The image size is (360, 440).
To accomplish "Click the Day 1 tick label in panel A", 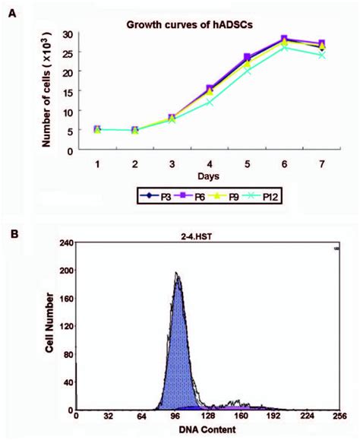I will click(98, 162).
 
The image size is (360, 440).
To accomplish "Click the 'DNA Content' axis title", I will click(204, 430).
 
